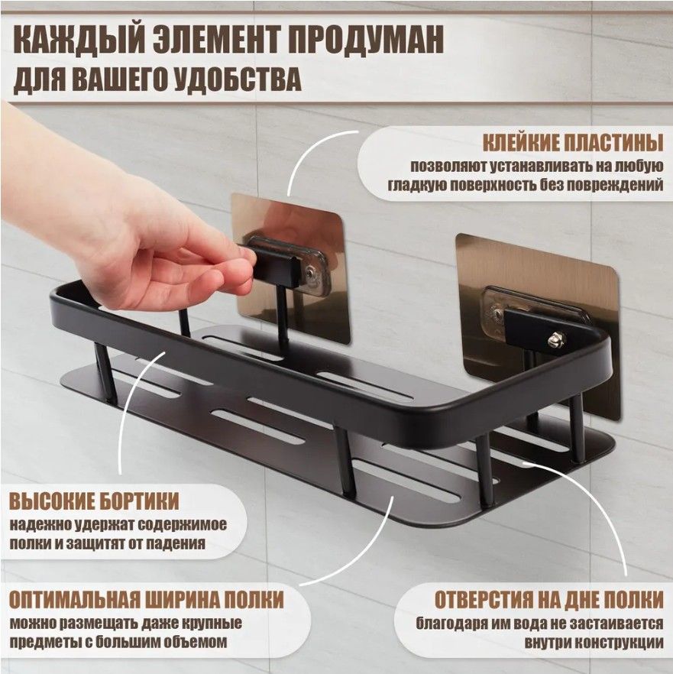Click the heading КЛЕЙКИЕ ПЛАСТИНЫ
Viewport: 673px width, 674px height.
click(x=572, y=143)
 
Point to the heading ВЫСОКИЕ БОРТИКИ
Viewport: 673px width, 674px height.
click(x=94, y=501)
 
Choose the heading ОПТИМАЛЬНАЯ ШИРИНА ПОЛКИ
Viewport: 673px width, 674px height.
click(x=147, y=600)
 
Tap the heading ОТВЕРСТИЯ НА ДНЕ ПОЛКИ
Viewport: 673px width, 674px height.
click(x=548, y=600)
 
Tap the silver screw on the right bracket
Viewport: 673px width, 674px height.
click(x=556, y=340)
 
